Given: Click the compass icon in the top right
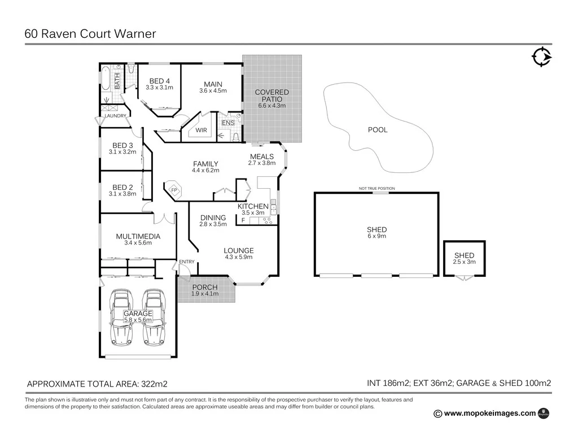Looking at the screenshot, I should pyautogui.click(x=541, y=57).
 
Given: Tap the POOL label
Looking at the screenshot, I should pyautogui.click(x=378, y=130).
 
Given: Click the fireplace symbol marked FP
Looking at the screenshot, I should pyautogui.click(x=174, y=190).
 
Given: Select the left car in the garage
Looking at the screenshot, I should pyautogui.click(x=121, y=318).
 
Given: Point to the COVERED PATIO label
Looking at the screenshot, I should pyautogui.click(x=272, y=96).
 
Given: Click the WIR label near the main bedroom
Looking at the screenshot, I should pyautogui.click(x=202, y=130).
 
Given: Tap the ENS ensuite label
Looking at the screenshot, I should pyautogui.click(x=227, y=123).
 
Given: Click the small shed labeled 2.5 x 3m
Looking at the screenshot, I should pyautogui.click(x=464, y=258).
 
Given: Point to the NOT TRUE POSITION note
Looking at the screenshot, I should pyautogui.click(x=376, y=189).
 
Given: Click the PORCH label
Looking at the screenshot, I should pyautogui.click(x=204, y=287).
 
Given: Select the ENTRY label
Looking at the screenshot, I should pyautogui.click(x=187, y=262).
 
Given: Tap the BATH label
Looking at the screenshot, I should pyautogui.click(x=117, y=81).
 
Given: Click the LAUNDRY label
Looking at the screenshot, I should pyautogui.click(x=115, y=116).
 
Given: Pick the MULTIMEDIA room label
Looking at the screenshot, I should pyautogui.click(x=138, y=236).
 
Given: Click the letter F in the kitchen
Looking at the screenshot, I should pyautogui.click(x=243, y=220).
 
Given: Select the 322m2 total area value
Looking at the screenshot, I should pyautogui.click(x=154, y=384).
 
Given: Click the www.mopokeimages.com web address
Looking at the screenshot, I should pyautogui.click(x=489, y=413).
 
